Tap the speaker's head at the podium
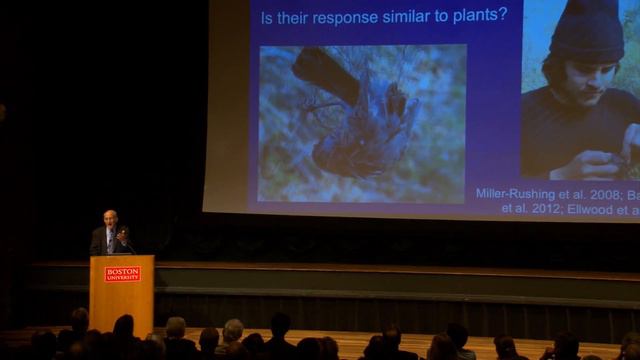[x=110, y=218]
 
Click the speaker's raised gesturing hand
[x=124, y=234]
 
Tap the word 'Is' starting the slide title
[x=267, y=17]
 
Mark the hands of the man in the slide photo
[x=596, y=160]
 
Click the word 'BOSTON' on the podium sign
[x=122, y=270]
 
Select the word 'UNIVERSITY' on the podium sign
[x=122, y=277]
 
